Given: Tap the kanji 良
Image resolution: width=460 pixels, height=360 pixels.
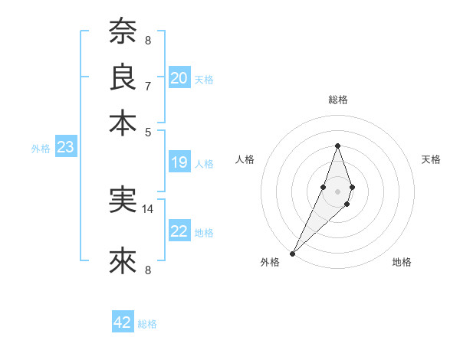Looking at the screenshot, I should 123,77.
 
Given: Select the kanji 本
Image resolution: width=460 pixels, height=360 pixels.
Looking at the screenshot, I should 123,123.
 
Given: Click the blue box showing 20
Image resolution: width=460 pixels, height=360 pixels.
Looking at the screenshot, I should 179,78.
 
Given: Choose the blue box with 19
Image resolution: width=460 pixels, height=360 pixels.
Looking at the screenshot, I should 179,162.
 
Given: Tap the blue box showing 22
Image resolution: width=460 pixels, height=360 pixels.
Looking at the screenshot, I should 179,231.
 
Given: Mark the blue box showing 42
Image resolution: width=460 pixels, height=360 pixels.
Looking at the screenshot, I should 123,322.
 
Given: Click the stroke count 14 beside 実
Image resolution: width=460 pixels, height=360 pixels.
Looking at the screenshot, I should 148,208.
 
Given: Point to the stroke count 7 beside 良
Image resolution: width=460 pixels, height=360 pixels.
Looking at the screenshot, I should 148,86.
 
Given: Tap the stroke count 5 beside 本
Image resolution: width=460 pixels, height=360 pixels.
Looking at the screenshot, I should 148,131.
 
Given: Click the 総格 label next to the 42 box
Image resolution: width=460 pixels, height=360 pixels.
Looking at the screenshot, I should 147,324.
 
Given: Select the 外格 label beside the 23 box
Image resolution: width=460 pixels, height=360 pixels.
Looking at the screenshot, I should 41,149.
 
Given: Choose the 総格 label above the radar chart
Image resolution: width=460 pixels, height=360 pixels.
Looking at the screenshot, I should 337,100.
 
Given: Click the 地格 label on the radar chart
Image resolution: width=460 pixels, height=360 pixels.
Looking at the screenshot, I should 402,263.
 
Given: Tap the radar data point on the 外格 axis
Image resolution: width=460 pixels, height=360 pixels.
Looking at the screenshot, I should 293,253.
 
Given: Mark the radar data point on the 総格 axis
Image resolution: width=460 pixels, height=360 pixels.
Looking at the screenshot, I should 337,146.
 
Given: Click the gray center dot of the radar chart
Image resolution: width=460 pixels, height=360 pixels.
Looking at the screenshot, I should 337,191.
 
